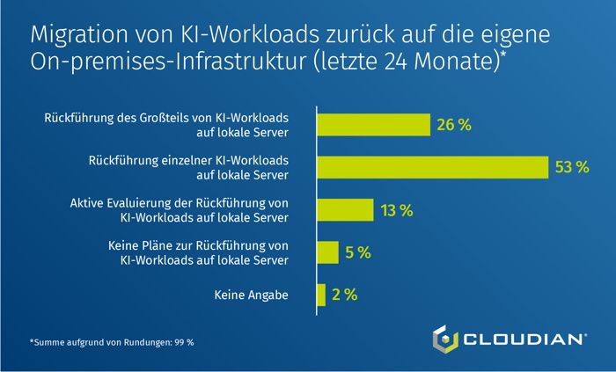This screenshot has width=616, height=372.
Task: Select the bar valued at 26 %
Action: click(373, 125)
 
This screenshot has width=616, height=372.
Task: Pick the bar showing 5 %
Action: click(327, 252)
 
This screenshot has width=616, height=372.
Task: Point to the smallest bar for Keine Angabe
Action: click(321, 295)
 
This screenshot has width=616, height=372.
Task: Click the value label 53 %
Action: click(571, 167)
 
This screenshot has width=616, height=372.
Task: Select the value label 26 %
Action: click(454, 125)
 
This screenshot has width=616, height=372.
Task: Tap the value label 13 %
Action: click(396, 210)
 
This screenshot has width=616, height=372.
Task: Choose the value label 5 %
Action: click(358, 252)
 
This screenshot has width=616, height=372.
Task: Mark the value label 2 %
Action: click(344, 295)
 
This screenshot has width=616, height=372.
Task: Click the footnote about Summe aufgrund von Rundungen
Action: click(111, 341)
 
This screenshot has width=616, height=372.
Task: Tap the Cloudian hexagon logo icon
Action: click(445, 339)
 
